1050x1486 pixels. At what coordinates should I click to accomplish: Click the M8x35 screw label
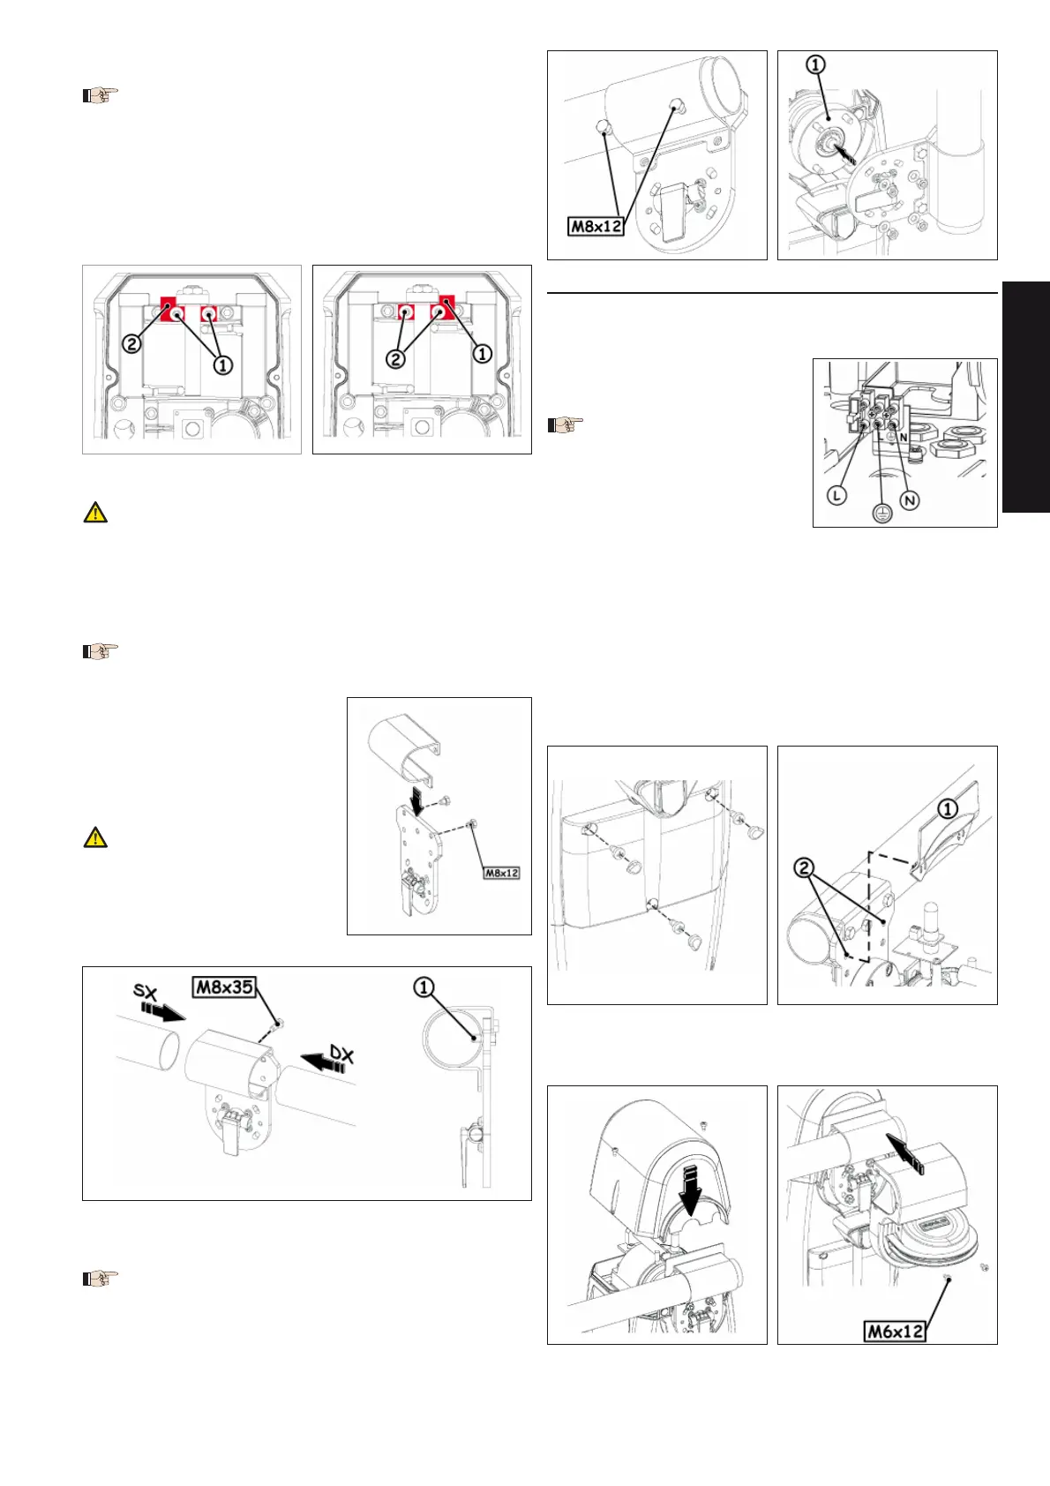224,987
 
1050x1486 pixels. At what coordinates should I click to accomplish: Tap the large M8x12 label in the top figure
596,226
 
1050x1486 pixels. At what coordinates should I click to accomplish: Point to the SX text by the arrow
146,992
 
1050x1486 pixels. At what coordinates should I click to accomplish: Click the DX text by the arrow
342,1053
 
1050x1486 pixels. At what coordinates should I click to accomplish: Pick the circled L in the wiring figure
837,495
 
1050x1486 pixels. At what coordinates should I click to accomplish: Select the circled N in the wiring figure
910,501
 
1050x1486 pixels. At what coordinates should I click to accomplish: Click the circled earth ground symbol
881,513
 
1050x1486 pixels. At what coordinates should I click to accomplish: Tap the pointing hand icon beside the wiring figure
565,424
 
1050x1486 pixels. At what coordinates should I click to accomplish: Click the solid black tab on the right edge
1026,397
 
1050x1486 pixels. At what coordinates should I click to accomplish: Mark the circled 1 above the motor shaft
815,64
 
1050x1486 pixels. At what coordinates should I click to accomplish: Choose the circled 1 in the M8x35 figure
424,987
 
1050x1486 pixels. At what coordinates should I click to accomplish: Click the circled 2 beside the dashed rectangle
804,867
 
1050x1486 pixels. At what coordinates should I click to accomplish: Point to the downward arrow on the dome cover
691,1184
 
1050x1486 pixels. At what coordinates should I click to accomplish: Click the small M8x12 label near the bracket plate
501,873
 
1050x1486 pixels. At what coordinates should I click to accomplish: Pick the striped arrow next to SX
162,1011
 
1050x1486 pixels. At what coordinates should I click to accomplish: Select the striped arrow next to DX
323,1061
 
